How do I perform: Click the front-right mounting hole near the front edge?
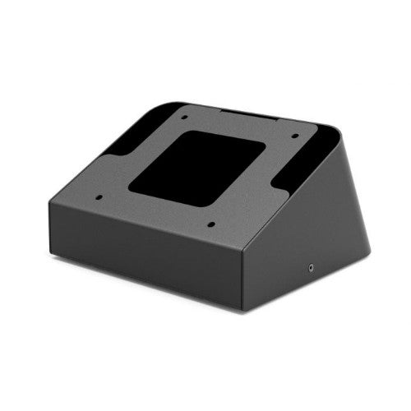pos(210,224)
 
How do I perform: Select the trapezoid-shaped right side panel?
pos(312,238)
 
